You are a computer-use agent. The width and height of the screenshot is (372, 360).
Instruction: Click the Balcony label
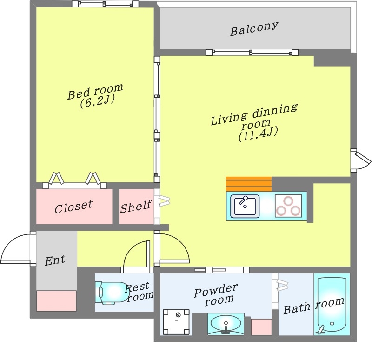click(x=254, y=29)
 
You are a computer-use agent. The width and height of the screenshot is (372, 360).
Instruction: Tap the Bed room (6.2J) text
click(x=95, y=96)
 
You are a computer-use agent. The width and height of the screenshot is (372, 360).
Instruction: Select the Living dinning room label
click(x=254, y=122)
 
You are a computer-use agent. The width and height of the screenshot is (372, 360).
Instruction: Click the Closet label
click(x=73, y=207)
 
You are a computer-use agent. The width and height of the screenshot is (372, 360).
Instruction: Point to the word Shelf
click(x=136, y=207)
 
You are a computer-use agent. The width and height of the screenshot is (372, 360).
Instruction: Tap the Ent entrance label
click(x=55, y=260)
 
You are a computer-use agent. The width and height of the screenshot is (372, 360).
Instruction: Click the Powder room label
click(x=216, y=294)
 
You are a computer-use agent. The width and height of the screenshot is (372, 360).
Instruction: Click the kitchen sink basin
click(x=245, y=206)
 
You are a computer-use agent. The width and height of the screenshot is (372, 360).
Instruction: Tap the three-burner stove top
click(x=288, y=206)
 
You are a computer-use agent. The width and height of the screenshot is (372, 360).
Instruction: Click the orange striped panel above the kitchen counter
click(x=249, y=184)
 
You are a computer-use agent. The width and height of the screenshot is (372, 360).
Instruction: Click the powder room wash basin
click(x=226, y=324)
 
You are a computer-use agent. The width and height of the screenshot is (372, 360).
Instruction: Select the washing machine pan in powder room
click(x=176, y=322)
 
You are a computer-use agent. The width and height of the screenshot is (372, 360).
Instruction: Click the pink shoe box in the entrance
click(x=56, y=300)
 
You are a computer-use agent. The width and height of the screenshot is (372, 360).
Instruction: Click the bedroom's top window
click(x=106, y=4)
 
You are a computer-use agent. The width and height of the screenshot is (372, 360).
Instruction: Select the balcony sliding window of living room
click(x=252, y=52)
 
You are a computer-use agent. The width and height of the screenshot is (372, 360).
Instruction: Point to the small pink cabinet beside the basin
click(x=261, y=327)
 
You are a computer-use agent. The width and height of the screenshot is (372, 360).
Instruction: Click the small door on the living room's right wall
click(x=360, y=160)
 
